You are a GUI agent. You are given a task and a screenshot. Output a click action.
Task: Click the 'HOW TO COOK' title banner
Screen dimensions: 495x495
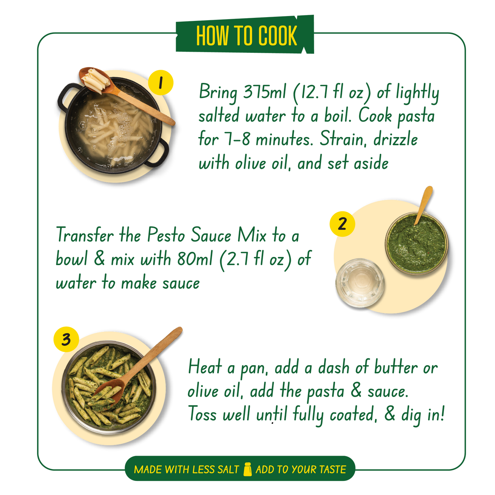[245, 34]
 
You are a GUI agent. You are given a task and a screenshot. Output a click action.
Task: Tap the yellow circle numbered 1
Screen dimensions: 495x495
[161, 83]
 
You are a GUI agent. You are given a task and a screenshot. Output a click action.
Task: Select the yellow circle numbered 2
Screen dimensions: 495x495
[342, 224]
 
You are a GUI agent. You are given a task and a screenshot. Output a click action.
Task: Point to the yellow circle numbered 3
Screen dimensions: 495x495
[66, 339]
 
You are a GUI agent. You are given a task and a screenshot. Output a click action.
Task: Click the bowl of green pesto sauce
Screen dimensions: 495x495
[417, 243]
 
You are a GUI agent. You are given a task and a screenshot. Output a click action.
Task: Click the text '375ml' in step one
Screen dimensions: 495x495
[264, 92]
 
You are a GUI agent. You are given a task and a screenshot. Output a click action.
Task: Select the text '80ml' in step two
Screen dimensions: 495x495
[195, 258]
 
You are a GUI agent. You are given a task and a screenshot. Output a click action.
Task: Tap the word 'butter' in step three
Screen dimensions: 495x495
[396, 367]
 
